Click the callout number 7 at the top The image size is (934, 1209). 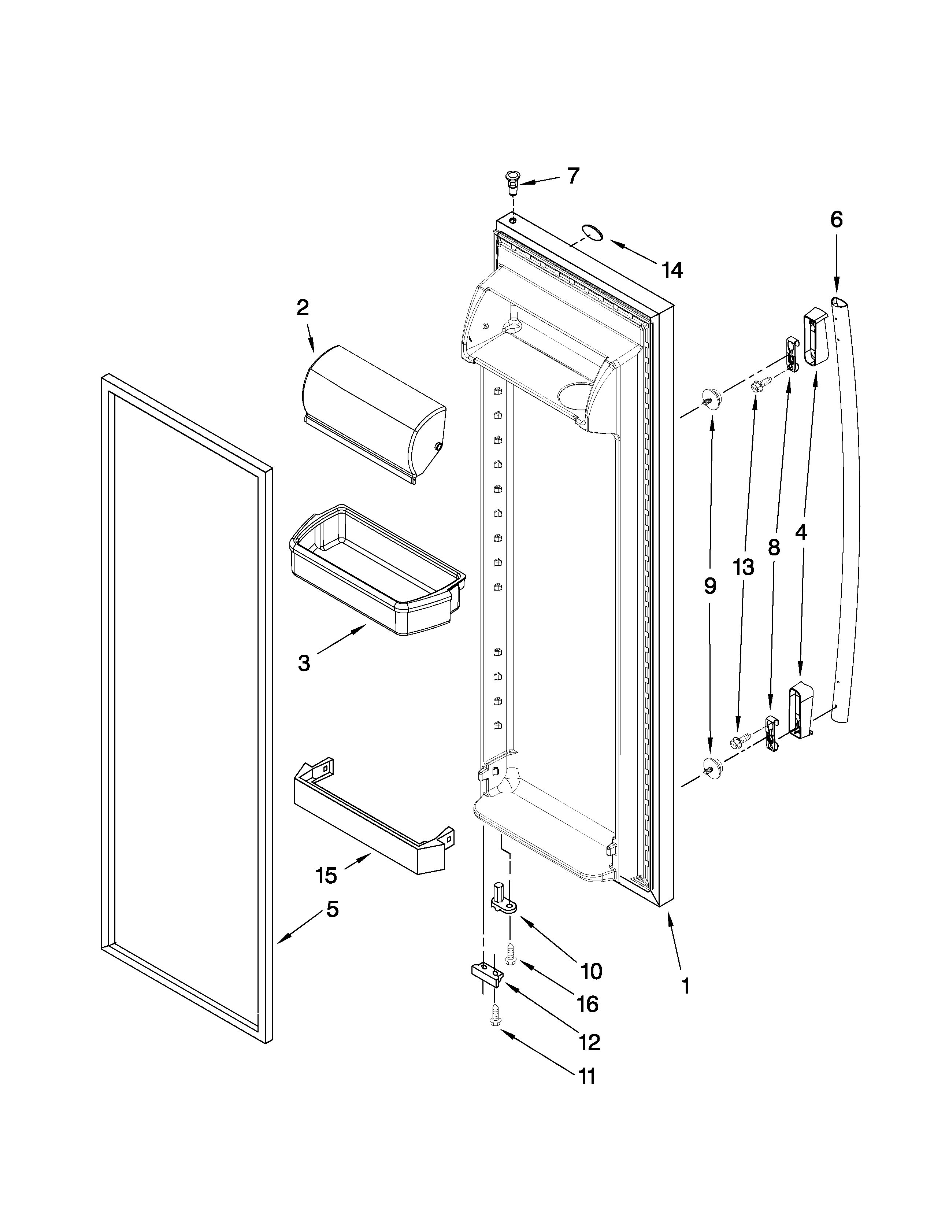[x=573, y=176]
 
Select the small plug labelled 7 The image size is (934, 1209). [x=513, y=183]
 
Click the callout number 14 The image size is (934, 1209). [x=672, y=270]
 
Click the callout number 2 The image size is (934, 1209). [x=302, y=307]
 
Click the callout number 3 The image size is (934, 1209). [x=304, y=663]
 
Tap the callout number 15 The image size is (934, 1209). [x=326, y=876]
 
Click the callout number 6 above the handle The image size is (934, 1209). [x=836, y=220]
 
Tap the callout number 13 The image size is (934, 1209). [x=744, y=567]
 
